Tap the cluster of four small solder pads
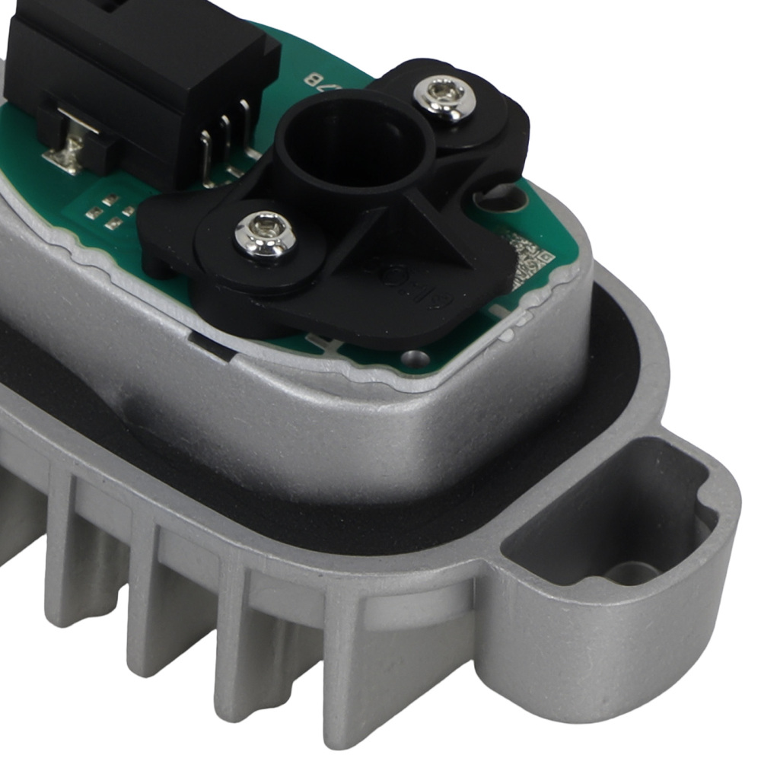click(x=105, y=211)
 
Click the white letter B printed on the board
click(x=310, y=78)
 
